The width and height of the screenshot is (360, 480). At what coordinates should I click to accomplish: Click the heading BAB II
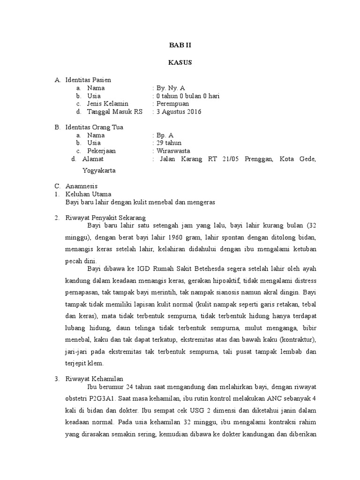[180, 45]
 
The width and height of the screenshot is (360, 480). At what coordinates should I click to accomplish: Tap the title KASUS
[180, 62]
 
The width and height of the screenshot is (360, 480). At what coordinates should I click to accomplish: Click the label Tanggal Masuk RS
[114, 112]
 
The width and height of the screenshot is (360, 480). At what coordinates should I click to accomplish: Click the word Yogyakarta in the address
[99, 171]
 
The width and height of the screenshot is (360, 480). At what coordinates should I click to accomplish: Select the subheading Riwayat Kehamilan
[94, 378]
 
